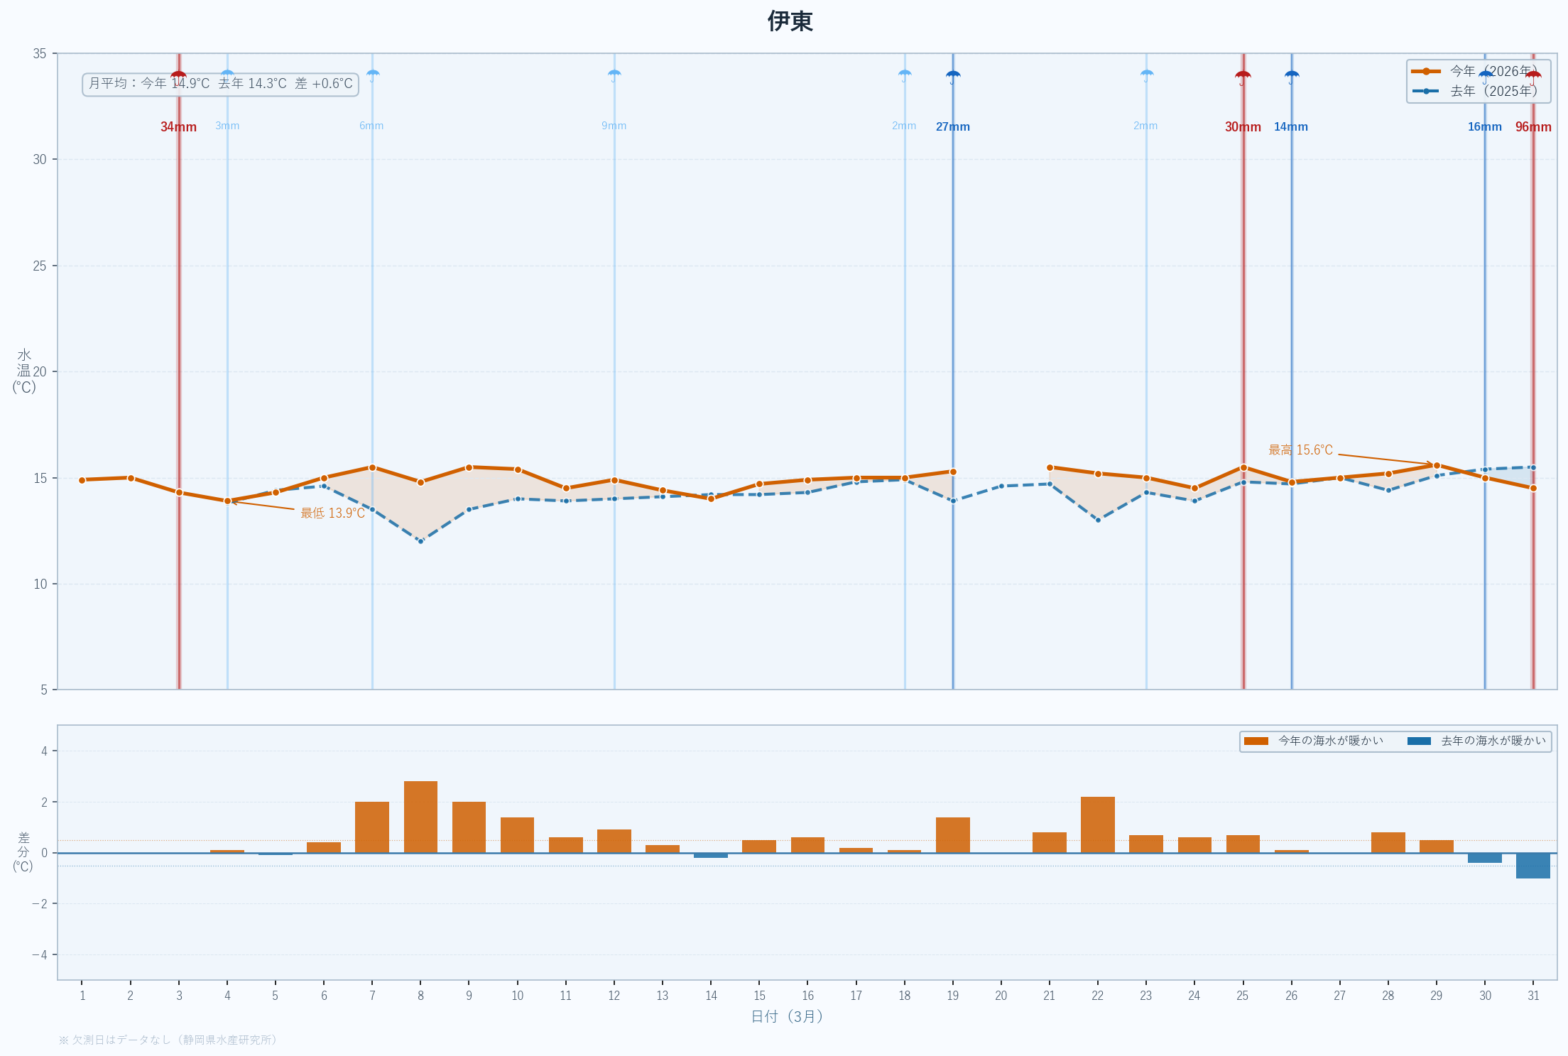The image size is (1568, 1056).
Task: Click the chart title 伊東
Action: pyautogui.click(x=790, y=21)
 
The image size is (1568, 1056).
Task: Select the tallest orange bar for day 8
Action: pyautogui.click(x=420, y=817)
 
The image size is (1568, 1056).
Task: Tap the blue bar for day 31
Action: pyautogui.click(x=1532, y=865)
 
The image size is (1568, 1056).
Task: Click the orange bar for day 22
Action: pyautogui.click(x=1097, y=824)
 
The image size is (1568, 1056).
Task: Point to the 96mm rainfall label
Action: pyautogui.click(x=1533, y=127)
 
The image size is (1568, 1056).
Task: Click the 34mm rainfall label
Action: pyautogui.click(x=178, y=127)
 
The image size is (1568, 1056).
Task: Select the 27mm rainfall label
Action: pyautogui.click(x=952, y=127)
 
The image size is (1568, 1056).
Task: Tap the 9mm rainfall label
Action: pyautogui.click(x=614, y=126)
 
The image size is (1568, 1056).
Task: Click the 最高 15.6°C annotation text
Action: pyautogui.click(x=1300, y=450)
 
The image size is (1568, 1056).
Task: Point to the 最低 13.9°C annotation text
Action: pyautogui.click(x=332, y=513)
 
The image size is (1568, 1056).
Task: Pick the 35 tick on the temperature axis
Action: pyautogui.click(x=40, y=53)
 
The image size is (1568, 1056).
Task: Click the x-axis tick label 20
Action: pyautogui.click(x=1001, y=996)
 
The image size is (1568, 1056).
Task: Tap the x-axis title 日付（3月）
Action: pyautogui.click(x=787, y=1016)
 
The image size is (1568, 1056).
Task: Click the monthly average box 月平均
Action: pyautogui.click(x=220, y=84)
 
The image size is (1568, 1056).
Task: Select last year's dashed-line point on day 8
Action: pyautogui.click(x=420, y=541)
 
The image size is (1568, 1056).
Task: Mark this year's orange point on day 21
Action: pyautogui.click(x=1050, y=467)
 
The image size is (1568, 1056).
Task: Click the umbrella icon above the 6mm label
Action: pyautogui.click(x=372, y=75)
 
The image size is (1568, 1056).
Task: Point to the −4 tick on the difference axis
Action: pyautogui.click(x=40, y=954)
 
